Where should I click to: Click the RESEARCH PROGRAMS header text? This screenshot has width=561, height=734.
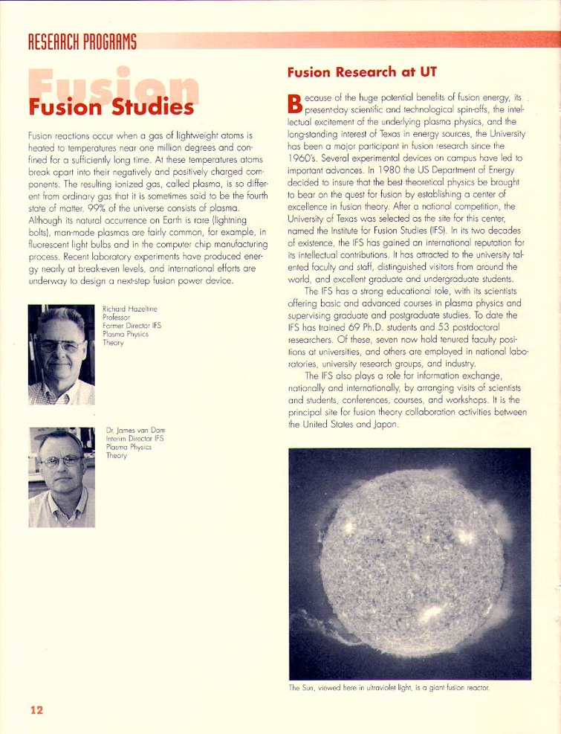[x=82, y=42]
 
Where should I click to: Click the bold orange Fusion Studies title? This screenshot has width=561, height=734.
[x=111, y=107]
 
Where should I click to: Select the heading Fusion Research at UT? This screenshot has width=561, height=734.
[x=362, y=72]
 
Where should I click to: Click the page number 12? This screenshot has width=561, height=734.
[x=36, y=709]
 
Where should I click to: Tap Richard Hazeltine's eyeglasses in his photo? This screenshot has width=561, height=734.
[x=60, y=345]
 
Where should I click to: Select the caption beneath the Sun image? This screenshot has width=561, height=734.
[x=389, y=687]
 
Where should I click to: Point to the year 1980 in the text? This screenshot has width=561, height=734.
[x=362, y=168]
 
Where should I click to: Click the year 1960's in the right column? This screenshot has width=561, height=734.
[x=303, y=157]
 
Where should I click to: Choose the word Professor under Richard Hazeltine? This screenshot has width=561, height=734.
[x=116, y=317]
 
